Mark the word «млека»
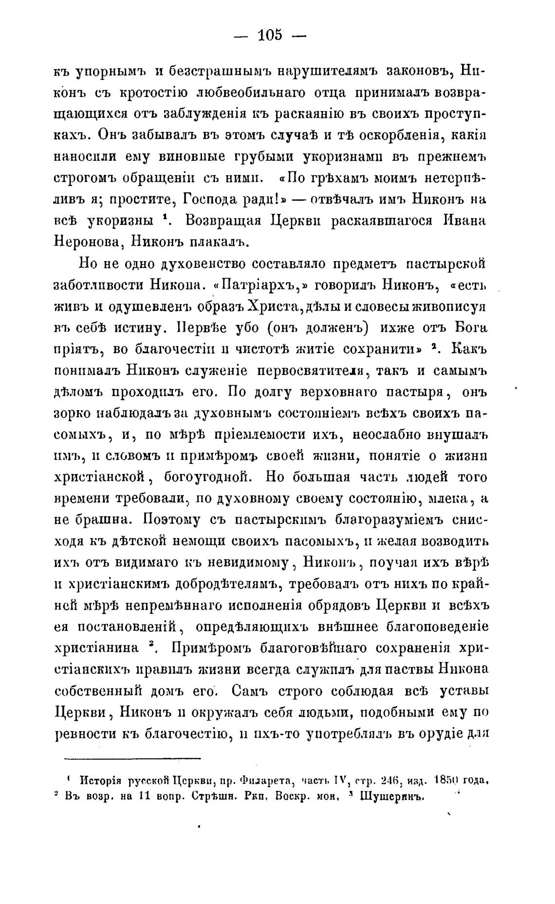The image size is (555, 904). pyautogui.click(x=450, y=499)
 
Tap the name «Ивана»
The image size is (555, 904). pyautogui.click(x=463, y=220)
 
